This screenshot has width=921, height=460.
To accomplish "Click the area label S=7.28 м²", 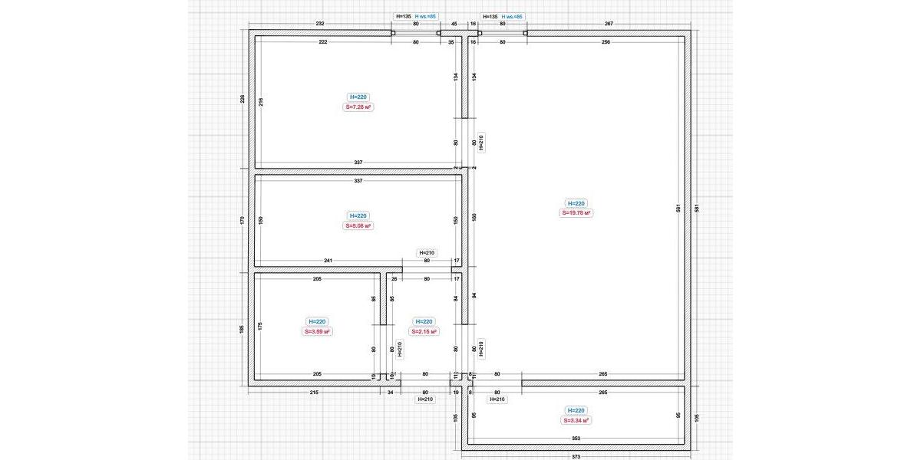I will point(358,107).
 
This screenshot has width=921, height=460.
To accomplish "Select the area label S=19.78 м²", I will point(576,213).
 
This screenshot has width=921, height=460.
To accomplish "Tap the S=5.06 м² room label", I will point(358,226).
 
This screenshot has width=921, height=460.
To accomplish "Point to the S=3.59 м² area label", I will point(316,332).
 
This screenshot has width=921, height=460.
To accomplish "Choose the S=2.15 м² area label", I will point(424,332).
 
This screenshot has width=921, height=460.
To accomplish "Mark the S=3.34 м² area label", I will point(576,420).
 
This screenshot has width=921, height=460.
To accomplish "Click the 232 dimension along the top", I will point(320,24).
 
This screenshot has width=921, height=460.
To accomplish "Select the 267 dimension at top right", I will point(609,24).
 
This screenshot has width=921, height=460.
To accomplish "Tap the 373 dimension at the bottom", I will point(576,456).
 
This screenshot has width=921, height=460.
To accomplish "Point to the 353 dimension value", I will point(576,439).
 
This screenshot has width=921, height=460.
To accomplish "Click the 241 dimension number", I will point(328,261).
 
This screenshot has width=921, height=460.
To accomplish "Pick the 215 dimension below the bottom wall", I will point(314,392).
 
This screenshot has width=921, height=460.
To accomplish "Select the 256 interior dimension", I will point(606,42).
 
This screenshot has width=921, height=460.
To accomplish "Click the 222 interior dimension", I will point(323,42).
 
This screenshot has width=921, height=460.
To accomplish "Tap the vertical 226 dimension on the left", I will point(243,99).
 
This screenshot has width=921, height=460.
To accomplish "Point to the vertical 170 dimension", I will point(243,220).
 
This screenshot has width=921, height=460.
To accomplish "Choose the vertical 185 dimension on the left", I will point(243,329).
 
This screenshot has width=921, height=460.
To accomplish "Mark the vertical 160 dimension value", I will point(474,217).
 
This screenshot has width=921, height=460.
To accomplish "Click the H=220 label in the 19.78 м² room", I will point(576,203).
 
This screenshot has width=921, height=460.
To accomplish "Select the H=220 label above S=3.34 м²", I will point(576,410).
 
